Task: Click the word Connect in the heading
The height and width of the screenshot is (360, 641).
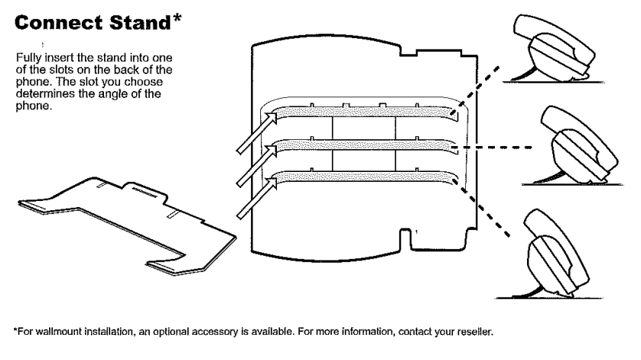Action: (x=58, y=23)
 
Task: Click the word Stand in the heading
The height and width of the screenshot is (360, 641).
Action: (x=140, y=23)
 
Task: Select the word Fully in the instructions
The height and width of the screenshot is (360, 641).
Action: (x=28, y=58)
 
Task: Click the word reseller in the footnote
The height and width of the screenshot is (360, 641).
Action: (x=475, y=332)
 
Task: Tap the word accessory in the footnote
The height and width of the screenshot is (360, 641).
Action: (x=215, y=332)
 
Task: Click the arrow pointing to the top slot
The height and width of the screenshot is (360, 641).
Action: (x=257, y=132)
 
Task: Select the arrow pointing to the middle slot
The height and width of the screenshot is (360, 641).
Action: (x=257, y=165)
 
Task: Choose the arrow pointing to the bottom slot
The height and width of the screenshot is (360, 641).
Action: (x=257, y=197)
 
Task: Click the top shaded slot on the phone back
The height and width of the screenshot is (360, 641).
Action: (x=364, y=112)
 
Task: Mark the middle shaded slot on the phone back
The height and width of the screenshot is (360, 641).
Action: (x=364, y=144)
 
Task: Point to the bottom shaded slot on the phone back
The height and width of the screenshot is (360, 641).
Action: (x=364, y=177)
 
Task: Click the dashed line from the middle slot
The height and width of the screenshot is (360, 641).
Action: (x=490, y=147)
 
